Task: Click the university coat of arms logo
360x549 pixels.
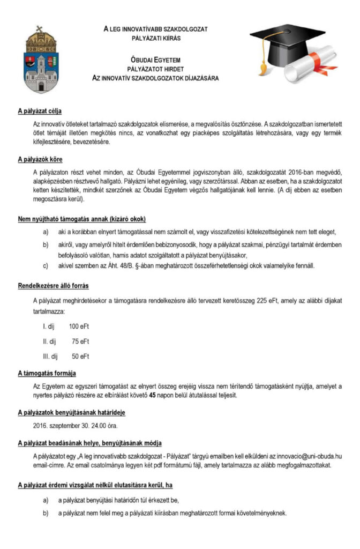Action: click(41, 60)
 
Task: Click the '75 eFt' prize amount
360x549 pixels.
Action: click(81, 341)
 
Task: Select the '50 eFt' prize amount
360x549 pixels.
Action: click(81, 356)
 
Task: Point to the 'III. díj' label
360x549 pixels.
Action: click(49, 356)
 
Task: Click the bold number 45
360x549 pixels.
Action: click(137, 396)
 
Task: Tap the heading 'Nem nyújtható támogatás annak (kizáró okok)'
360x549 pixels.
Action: click(81, 219)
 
